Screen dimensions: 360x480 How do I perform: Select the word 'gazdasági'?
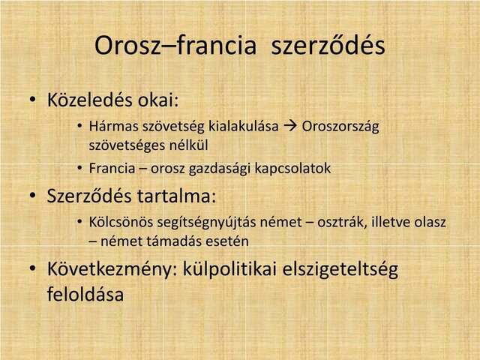click(x=219, y=168)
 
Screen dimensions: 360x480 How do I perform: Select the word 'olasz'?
click(x=430, y=223)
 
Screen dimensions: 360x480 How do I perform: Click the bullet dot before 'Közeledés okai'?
click(x=33, y=100)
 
